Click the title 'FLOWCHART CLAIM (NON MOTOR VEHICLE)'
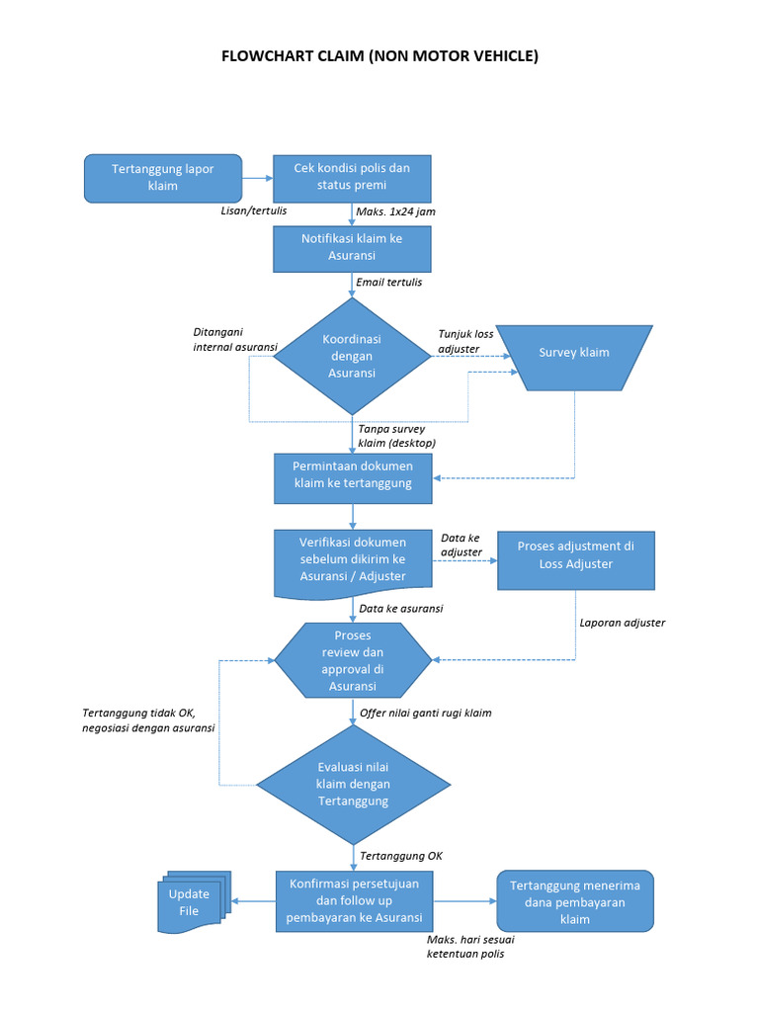pos(379,56)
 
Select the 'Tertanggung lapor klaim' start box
pos(163,178)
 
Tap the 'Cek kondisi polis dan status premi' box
pos(352,178)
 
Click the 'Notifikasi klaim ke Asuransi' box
pos(352,247)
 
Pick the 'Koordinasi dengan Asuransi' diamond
pos(352,357)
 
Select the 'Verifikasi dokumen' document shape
pos(352,560)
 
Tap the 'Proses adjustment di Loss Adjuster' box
pos(575,555)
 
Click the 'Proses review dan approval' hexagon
pos(353,659)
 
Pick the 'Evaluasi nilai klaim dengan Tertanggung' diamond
pos(353,785)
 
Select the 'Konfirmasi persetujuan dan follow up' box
pos(353,900)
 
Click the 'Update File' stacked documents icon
pos(192,903)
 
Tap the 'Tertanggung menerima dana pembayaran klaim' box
pos(574,901)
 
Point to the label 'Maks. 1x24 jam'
pos(396,211)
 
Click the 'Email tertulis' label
pos(389,283)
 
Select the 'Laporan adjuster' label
pos(622,623)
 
